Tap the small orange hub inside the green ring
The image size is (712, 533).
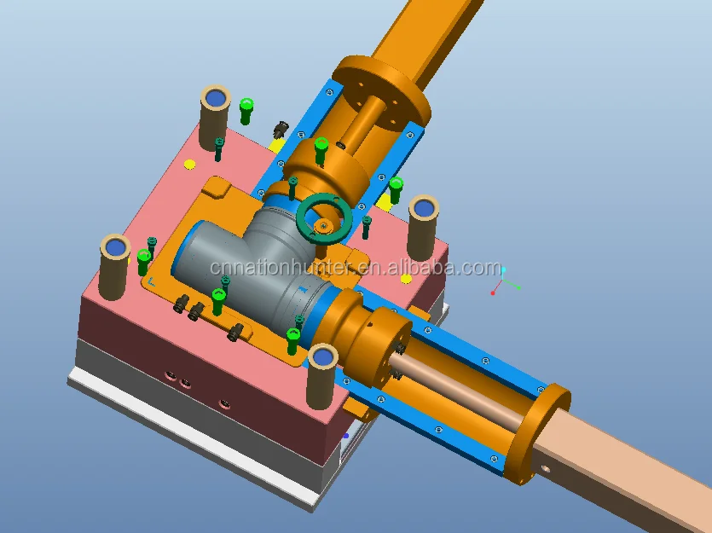(323, 224)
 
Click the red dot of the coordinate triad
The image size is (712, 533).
(493, 293)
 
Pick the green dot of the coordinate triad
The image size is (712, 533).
(518, 288)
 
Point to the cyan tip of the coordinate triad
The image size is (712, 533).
(503, 270)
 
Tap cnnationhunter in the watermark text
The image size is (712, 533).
(282, 268)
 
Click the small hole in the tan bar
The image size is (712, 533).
(545, 468)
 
